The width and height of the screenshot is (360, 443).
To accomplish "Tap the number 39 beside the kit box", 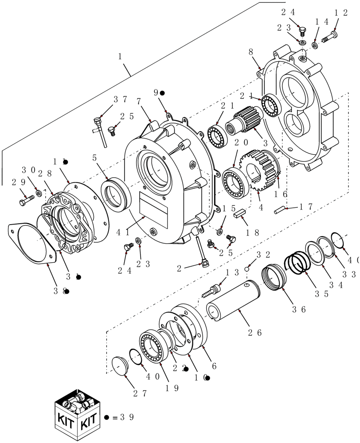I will pyautogui.click(x=124, y=417).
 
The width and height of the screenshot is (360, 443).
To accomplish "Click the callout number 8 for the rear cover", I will pyautogui.click(x=251, y=52).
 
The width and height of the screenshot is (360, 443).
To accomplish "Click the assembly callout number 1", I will pyautogui.click(x=120, y=57).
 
